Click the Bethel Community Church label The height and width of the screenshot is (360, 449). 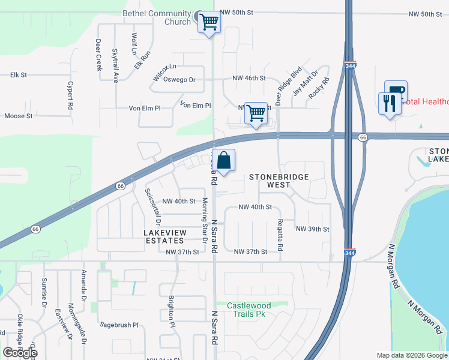(157, 17)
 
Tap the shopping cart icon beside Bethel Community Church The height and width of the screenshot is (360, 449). (209, 23)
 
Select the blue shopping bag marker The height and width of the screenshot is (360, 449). (223, 161)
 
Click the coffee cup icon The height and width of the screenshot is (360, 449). (396, 91)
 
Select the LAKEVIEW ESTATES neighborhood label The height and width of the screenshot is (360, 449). (164, 236)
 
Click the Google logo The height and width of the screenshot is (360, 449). (20, 353)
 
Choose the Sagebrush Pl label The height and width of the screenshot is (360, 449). (119, 324)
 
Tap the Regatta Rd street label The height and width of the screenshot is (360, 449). (280, 235)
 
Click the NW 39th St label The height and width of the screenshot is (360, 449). (313, 229)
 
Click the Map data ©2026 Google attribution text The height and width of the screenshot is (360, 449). (411, 355)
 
